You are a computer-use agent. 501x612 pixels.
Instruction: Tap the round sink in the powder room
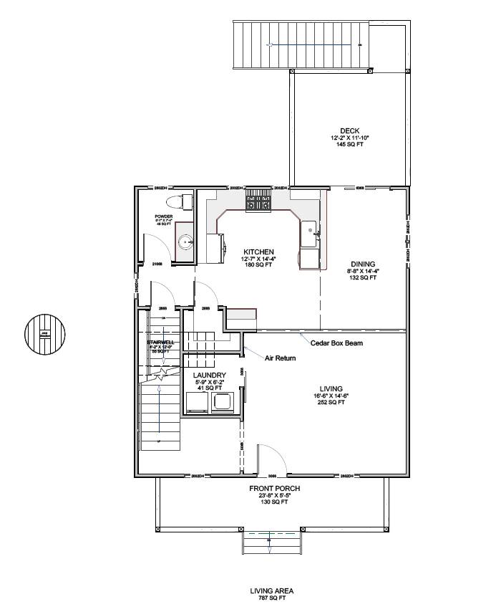click(x=185, y=242)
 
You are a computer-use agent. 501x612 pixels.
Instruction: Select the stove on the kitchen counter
click(x=258, y=200)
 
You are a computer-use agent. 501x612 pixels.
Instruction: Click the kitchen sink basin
click(x=311, y=229)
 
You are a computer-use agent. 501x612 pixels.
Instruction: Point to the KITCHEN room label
click(x=258, y=252)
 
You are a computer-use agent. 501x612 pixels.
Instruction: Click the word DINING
click(x=362, y=264)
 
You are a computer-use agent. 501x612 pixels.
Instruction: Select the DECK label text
click(x=349, y=130)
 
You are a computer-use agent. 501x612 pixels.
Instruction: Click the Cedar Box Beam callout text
click(x=336, y=343)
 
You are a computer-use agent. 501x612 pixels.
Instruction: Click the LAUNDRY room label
click(x=210, y=376)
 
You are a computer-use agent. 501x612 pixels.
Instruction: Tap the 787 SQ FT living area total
click(x=271, y=597)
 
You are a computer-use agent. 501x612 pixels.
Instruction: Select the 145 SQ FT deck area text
click(x=349, y=144)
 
